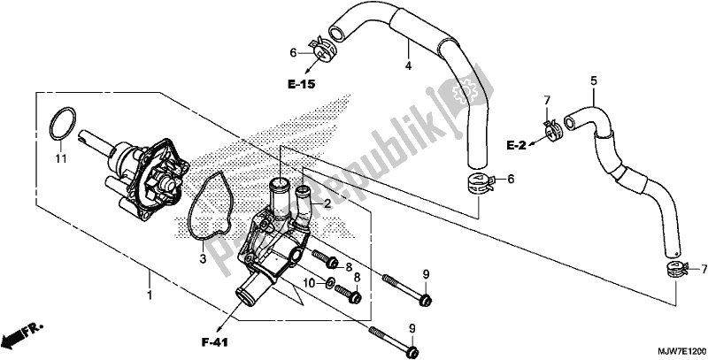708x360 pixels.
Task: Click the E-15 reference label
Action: point(302,84)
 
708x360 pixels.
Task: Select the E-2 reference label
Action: point(516,145)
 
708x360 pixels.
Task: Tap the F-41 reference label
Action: point(214,343)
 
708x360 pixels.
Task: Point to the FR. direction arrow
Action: point(21,333)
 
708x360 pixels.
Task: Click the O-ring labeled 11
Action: point(62,123)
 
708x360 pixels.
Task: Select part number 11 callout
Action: point(61,158)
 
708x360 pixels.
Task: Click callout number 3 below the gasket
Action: point(203,259)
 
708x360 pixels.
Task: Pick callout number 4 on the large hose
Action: point(408,65)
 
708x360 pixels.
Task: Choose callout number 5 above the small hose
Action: point(593,81)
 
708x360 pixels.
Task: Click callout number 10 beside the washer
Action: point(308,283)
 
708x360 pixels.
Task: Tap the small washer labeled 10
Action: point(329,283)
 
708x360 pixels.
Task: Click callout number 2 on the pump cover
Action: point(327,204)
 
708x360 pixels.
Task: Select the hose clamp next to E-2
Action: point(550,131)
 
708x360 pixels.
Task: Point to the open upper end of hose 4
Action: point(335,33)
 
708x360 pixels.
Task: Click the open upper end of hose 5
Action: point(570,120)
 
